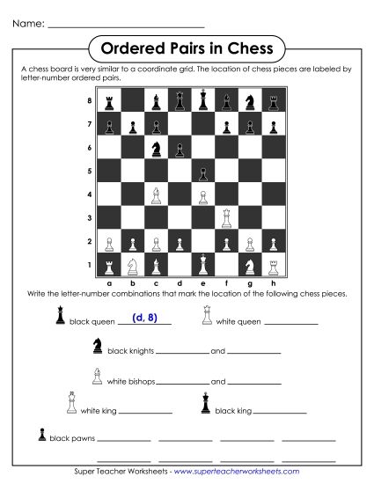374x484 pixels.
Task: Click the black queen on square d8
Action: tap(180, 101)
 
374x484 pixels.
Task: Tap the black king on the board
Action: tap(203, 100)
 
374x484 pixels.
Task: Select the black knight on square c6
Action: tap(156, 148)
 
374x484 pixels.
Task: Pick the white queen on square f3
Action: tap(227, 216)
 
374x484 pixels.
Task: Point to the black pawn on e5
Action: tap(203, 171)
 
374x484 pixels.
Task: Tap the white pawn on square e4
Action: tap(203, 194)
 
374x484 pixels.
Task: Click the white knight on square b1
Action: tap(133, 263)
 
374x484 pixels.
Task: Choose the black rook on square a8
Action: tap(109, 102)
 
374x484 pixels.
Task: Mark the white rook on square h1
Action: tap(275, 263)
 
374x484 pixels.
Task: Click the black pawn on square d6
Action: tap(180, 148)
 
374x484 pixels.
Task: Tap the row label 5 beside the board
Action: tap(89, 171)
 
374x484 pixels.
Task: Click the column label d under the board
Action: tap(180, 283)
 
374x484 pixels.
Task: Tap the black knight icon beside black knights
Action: tap(97, 348)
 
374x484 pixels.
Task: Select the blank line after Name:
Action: tap(127, 24)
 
